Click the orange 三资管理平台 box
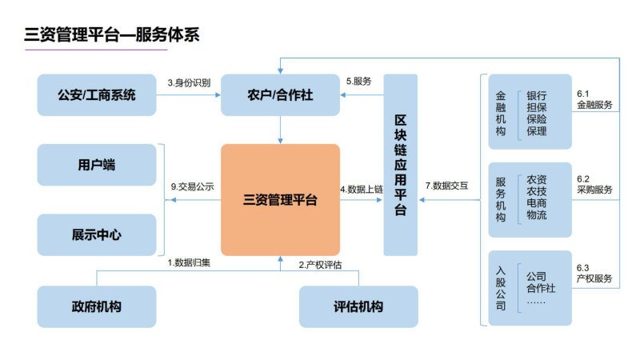coord(280,199)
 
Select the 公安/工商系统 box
coord(97,94)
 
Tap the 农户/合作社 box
coord(280,94)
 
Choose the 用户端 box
coord(97,165)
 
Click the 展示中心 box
coord(97,234)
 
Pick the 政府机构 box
coord(97,306)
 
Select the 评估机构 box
coord(358,306)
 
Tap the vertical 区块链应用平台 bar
coord(401,165)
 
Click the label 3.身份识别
coord(189,83)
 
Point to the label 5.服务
coord(358,82)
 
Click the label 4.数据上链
coord(362,190)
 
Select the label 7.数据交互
coord(446,186)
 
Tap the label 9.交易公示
coord(192,186)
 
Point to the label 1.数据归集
coord(189,263)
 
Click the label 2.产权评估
coord(321,265)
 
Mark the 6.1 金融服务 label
coord(594,99)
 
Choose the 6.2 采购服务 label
coord(594,185)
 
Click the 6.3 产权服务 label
coord(594,274)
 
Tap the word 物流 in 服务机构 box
coord(536,214)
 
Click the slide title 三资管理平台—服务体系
coord(112,34)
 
